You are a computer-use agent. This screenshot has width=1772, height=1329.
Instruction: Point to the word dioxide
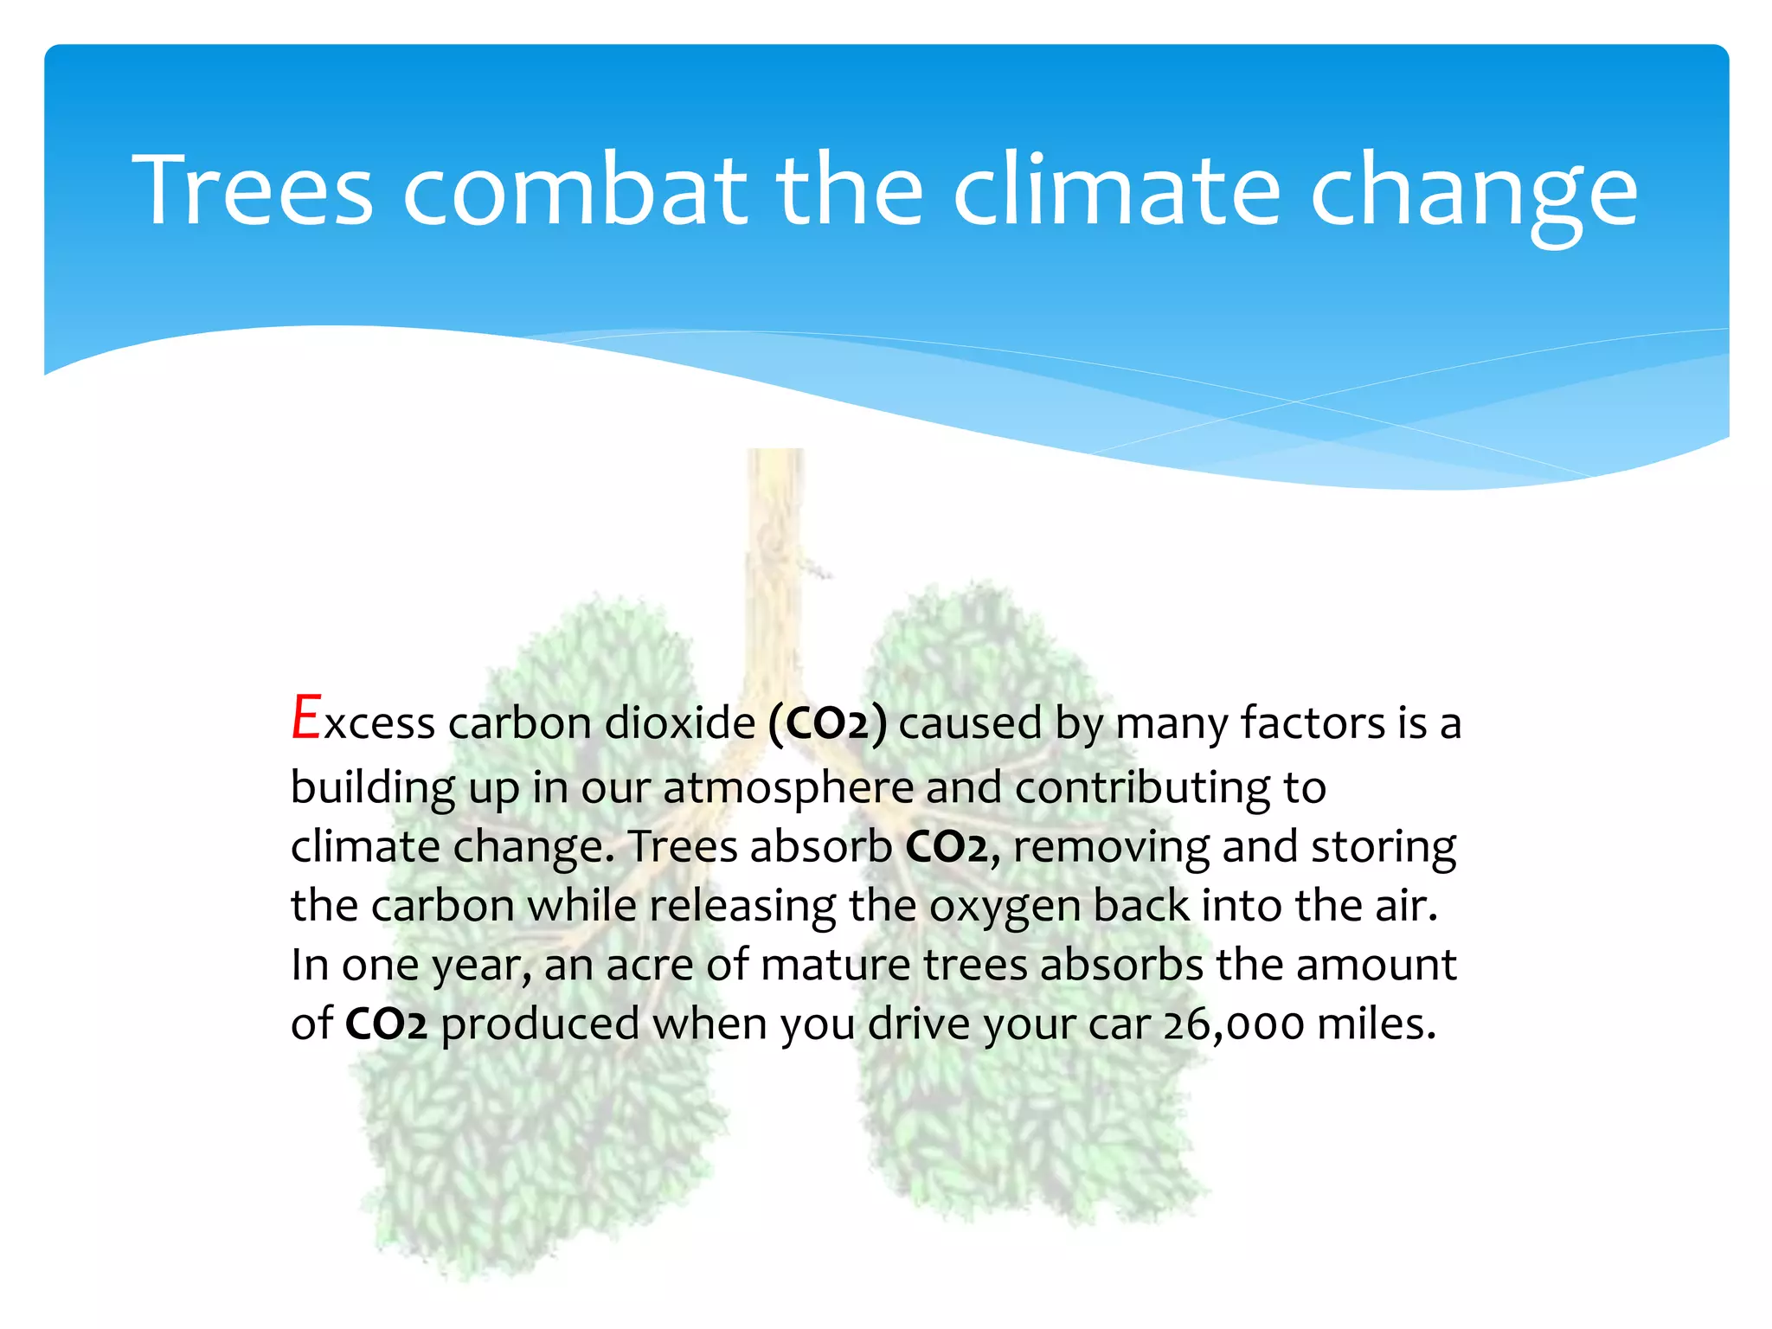[x=680, y=722]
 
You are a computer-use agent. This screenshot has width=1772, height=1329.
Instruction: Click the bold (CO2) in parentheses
[x=827, y=723]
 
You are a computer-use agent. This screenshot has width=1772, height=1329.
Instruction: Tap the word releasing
[x=742, y=906]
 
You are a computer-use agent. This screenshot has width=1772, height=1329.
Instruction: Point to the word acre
[x=649, y=965]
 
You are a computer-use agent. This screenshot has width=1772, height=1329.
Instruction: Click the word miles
[x=1376, y=1024]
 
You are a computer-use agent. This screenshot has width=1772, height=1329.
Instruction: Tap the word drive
[x=919, y=1024]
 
